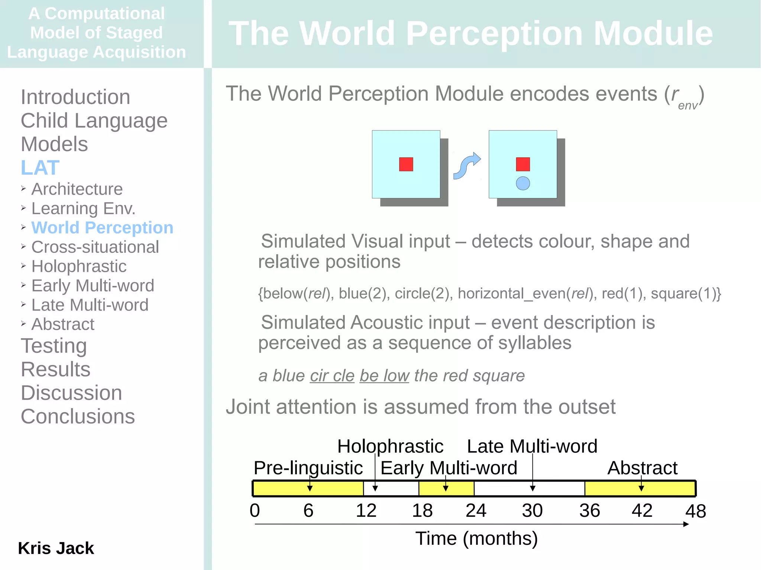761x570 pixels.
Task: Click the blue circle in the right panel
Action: (x=523, y=183)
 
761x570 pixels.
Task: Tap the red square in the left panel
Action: (x=406, y=164)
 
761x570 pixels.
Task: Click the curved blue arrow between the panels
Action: (x=467, y=166)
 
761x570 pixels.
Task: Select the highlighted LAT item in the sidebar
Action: (x=40, y=167)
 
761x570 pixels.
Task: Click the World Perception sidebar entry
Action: (x=102, y=228)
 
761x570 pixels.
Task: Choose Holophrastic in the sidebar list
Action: (x=79, y=266)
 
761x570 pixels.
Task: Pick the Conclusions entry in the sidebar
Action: (x=78, y=416)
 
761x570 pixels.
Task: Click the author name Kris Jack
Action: (x=56, y=548)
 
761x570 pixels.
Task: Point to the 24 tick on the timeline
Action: (x=476, y=511)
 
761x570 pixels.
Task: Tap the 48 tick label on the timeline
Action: (x=695, y=511)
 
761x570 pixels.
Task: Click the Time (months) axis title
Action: (x=476, y=538)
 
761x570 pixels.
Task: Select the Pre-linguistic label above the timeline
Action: (x=308, y=468)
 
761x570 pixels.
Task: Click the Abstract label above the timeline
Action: (x=642, y=468)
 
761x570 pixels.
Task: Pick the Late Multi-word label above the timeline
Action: (x=532, y=446)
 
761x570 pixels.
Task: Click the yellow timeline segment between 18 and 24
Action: (x=446, y=489)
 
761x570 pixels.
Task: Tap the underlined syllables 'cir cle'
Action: (x=332, y=376)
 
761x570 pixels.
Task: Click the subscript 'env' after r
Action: (x=687, y=106)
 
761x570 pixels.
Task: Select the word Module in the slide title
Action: (x=653, y=33)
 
